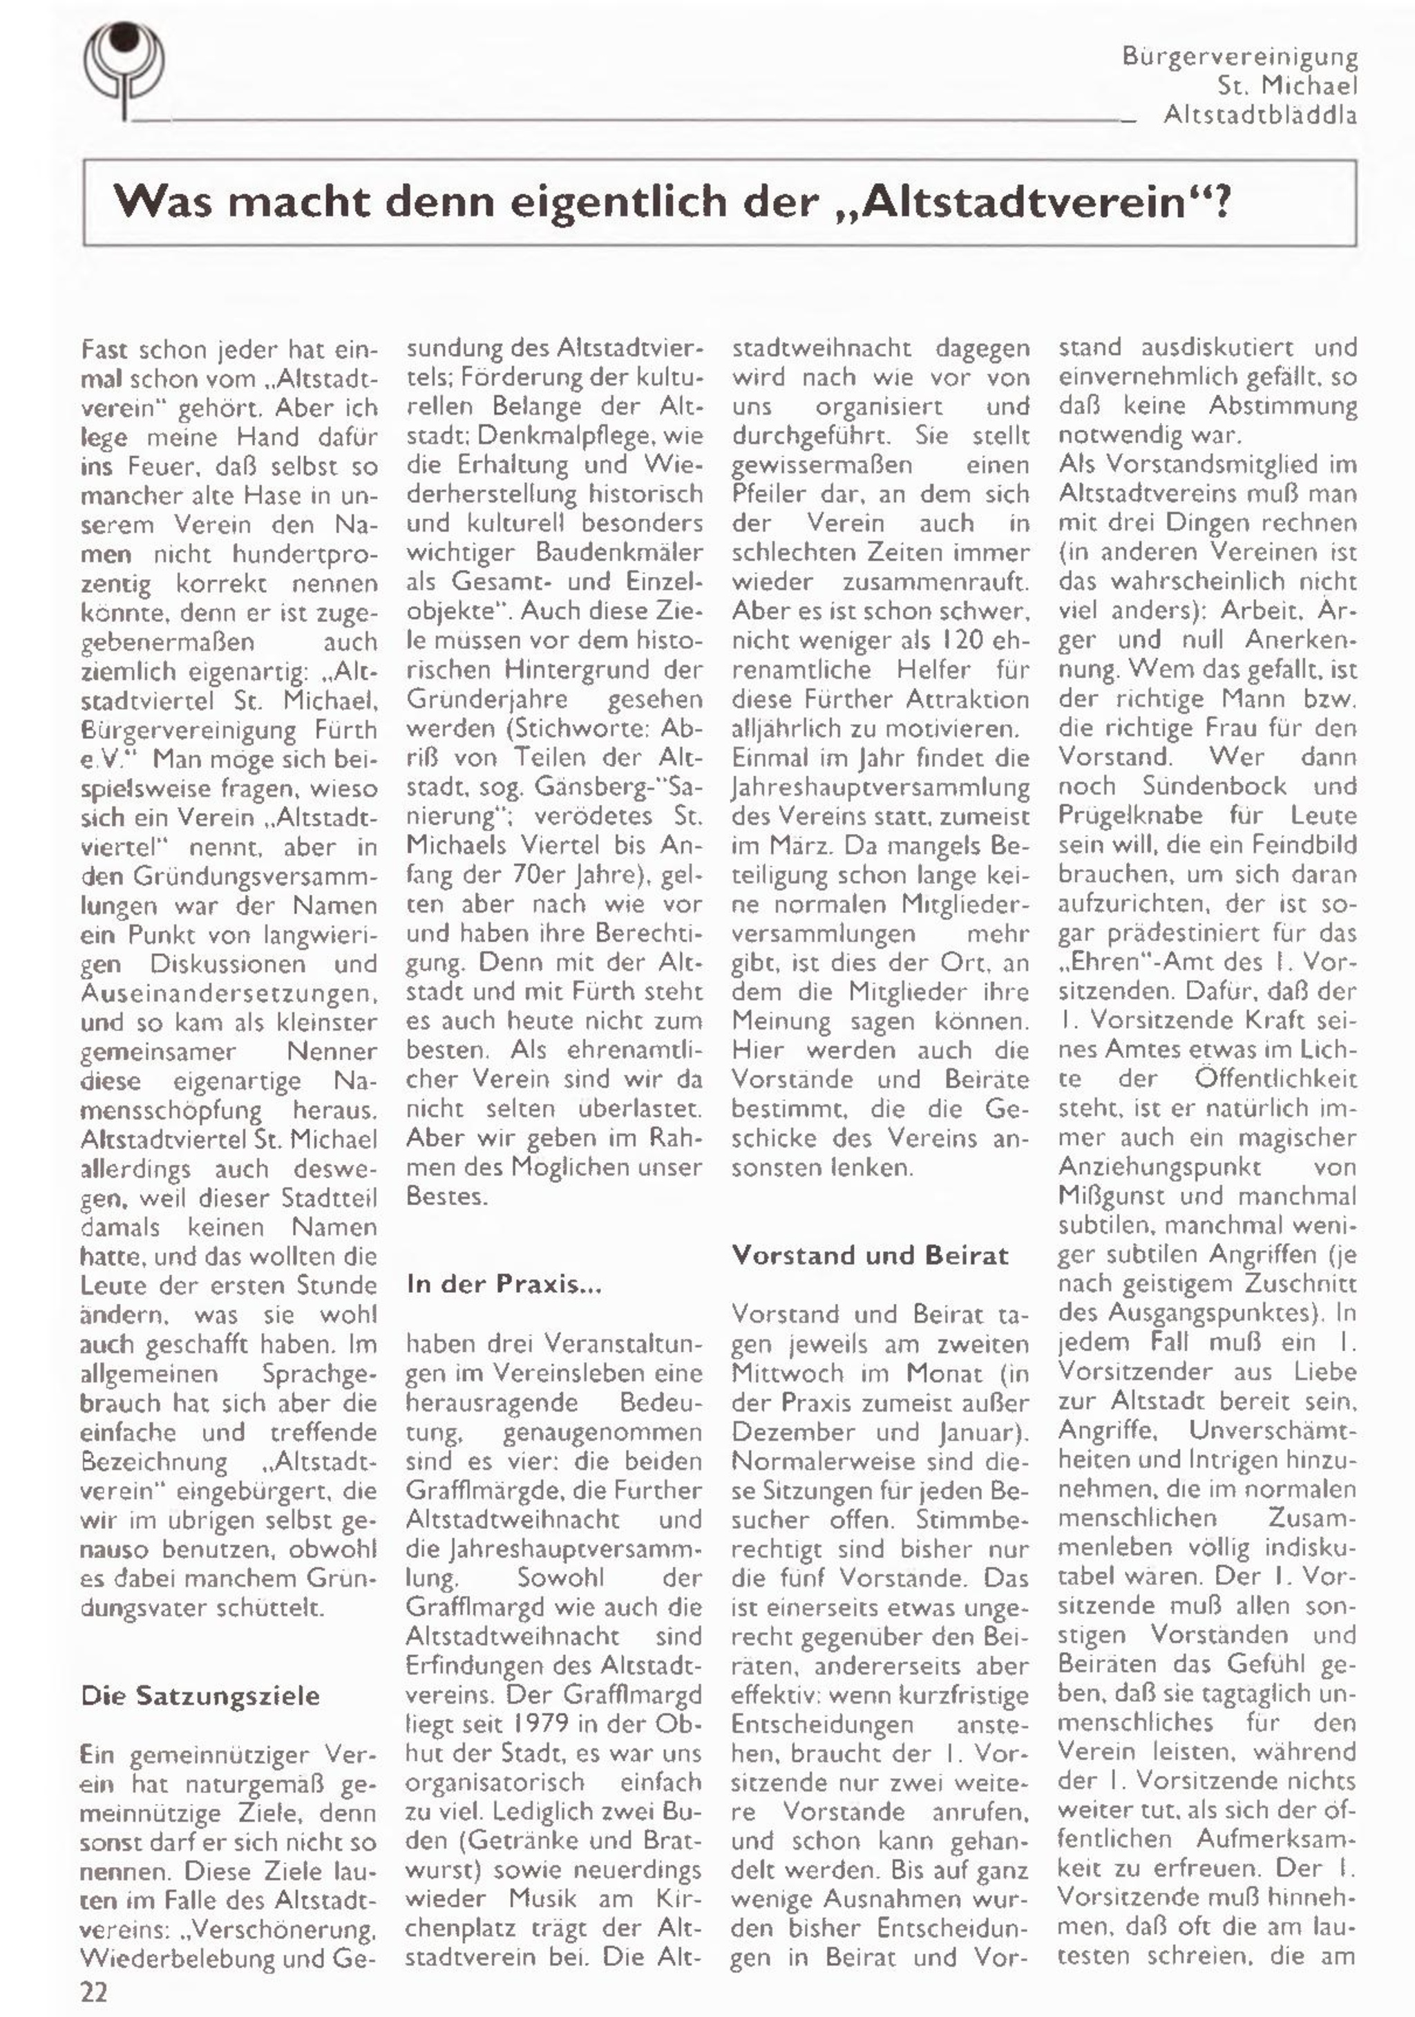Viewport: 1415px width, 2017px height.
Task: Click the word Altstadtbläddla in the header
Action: point(1260,115)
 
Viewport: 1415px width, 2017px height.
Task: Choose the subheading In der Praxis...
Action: point(503,1285)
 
